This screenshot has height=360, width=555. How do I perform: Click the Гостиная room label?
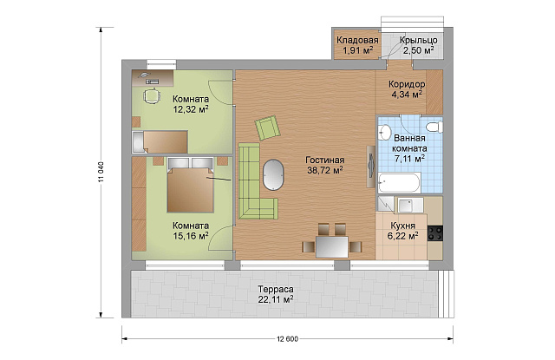coord(325,160)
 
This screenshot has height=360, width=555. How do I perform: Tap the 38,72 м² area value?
coord(325,170)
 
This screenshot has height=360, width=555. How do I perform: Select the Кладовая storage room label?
coord(357,40)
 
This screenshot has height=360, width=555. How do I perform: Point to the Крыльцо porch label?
coord(419,41)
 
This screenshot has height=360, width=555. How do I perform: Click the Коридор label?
coord(407,85)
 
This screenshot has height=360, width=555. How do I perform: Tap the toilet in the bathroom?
coord(434,127)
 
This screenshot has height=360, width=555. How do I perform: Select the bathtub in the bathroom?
coord(399,183)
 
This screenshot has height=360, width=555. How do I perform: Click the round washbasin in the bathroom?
coord(384,132)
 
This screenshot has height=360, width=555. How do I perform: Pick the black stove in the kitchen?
coord(435,233)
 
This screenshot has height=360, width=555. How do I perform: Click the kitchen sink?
coord(410,205)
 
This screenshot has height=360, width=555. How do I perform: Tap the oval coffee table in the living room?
coord(273,175)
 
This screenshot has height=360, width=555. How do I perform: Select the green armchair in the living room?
coord(268,128)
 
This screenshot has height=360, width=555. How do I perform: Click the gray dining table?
coord(332,246)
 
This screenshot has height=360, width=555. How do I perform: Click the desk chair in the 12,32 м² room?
coord(152,95)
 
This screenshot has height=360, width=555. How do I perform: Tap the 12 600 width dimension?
coord(287,339)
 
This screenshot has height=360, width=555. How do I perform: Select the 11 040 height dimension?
coord(101,173)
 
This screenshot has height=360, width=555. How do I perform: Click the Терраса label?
coord(276,290)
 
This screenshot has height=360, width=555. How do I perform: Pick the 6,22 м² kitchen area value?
coord(402,236)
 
